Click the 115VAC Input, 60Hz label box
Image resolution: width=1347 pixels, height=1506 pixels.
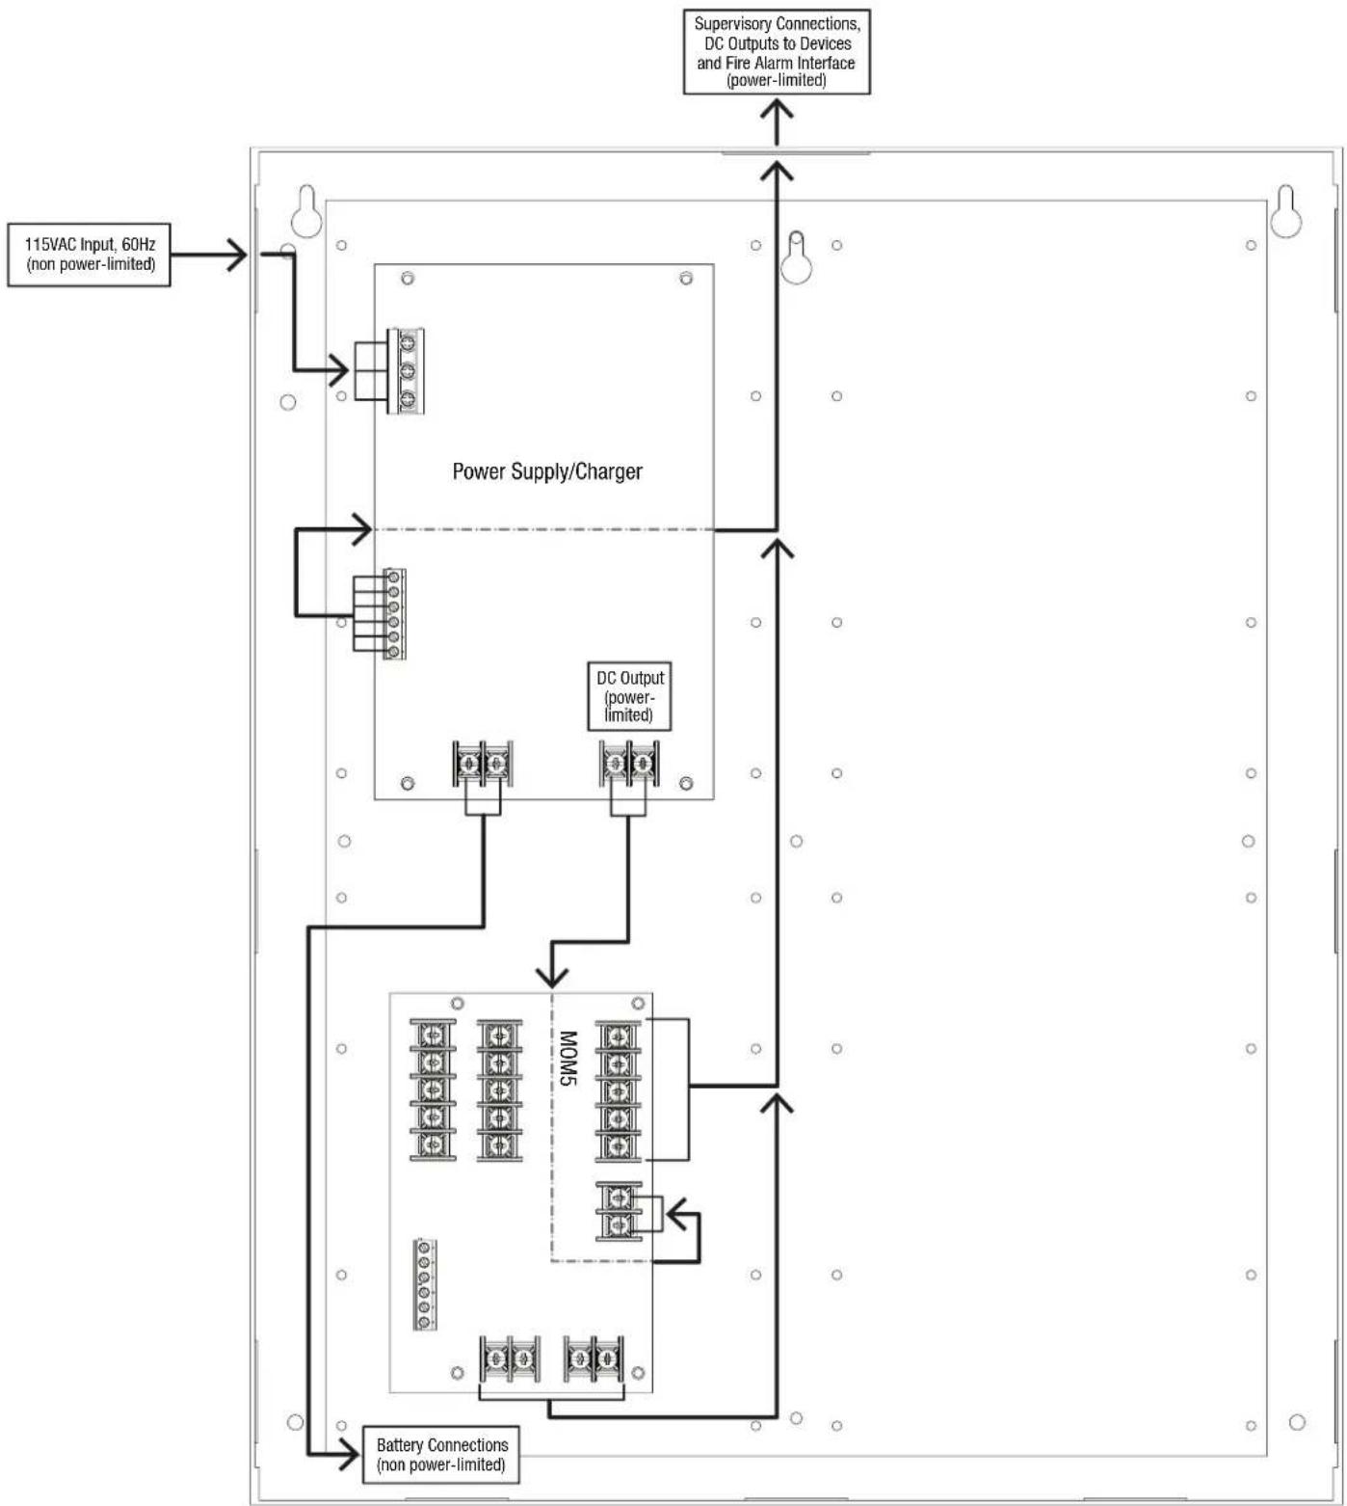89,255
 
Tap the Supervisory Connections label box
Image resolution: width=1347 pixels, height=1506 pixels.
777,52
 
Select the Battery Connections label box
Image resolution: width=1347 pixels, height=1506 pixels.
441,1454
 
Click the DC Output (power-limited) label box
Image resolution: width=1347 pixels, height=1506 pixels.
629,695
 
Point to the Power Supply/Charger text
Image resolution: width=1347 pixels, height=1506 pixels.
547,471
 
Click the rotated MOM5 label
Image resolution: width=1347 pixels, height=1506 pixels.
568,1059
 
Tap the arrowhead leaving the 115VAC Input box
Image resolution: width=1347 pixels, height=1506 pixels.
237,255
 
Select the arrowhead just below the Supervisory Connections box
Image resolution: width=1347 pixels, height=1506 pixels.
777,108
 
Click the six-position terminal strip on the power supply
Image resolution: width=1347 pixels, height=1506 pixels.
393,614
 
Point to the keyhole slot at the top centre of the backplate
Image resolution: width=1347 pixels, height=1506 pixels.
796,256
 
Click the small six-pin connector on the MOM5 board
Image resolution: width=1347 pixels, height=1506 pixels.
423,1285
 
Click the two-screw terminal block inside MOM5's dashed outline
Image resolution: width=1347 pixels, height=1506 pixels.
619,1211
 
